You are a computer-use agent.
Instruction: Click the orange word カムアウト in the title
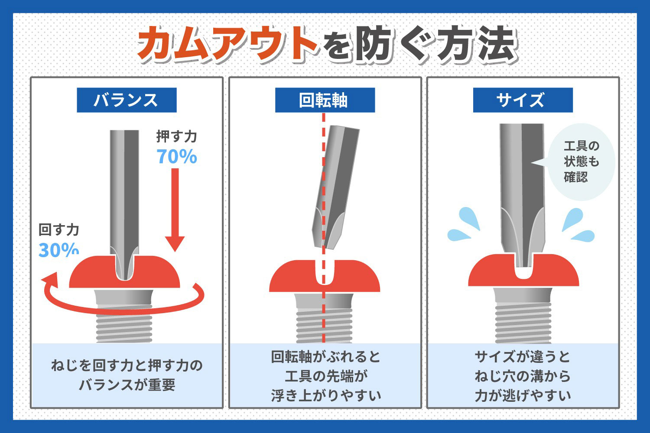[x=227, y=44]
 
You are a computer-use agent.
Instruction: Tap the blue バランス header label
[x=127, y=100]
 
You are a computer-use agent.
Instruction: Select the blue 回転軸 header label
[x=325, y=100]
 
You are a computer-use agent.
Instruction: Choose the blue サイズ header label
[x=523, y=100]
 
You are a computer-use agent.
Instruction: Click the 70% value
[x=177, y=157]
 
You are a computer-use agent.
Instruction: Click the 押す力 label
[x=176, y=136]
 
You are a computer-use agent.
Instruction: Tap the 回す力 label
[x=59, y=229]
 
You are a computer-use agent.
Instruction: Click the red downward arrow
[x=175, y=208]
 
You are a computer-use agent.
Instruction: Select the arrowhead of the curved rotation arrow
[x=49, y=279]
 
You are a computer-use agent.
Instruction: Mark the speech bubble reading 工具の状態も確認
[x=582, y=162]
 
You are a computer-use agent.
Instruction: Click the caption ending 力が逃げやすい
[x=523, y=376]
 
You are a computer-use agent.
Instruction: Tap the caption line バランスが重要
[x=127, y=385]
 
